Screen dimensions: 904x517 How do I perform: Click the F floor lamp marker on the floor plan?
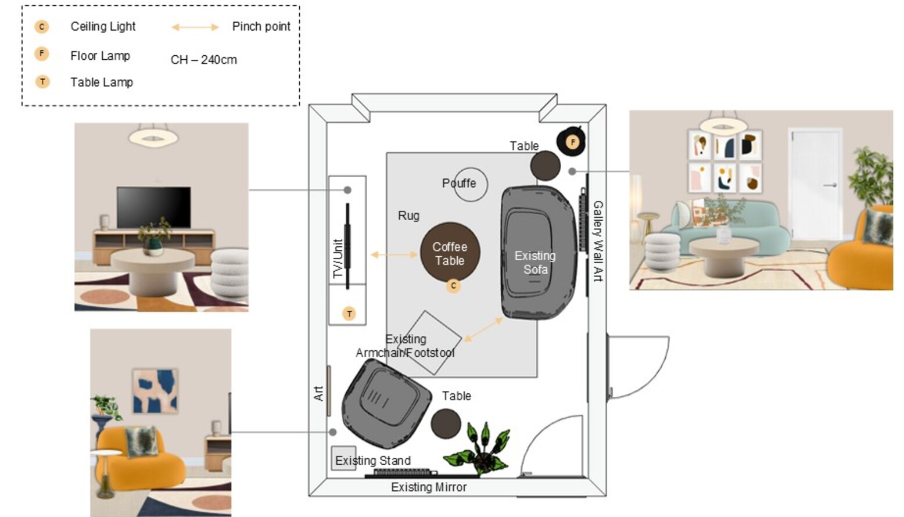tap(572, 142)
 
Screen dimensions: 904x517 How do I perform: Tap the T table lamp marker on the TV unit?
tap(349, 314)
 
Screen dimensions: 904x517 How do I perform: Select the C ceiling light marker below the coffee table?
tap(453, 286)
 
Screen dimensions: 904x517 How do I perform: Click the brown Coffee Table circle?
tap(450, 252)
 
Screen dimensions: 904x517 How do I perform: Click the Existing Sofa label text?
tap(535, 263)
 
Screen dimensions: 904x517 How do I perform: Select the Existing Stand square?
tap(344, 458)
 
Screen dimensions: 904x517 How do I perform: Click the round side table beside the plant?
tap(446, 423)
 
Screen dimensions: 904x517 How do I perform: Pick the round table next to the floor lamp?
tap(545, 166)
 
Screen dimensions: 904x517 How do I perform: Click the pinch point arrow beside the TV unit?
tap(394, 254)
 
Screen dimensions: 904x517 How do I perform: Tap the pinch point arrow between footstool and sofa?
tap(483, 330)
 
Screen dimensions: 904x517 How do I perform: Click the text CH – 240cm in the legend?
tap(204, 60)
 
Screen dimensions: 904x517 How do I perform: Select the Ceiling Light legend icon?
tap(42, 27)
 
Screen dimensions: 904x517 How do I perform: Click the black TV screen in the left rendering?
tap(154, 207)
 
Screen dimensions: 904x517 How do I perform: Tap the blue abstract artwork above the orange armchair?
tap(155, 391)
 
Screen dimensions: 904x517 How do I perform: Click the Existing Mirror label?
tap(429, 487)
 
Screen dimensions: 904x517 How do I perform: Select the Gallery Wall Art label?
tap(598, 241)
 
